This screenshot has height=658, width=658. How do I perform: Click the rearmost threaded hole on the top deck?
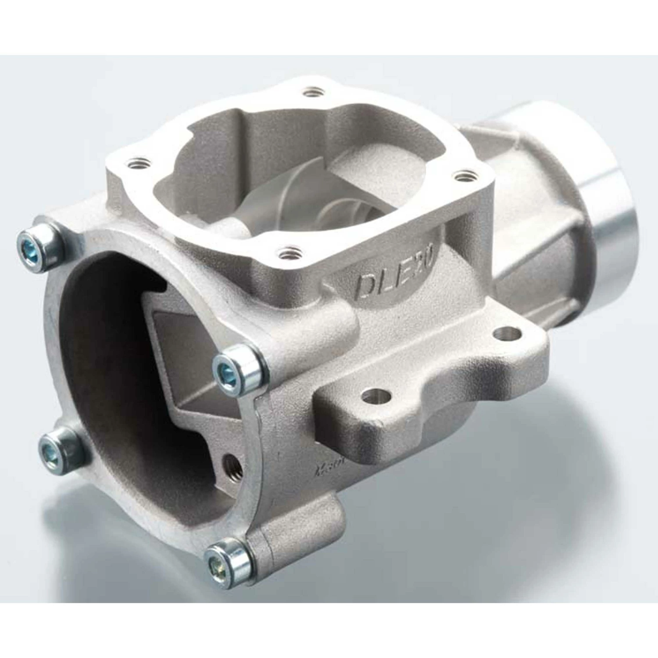(311, 93)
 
